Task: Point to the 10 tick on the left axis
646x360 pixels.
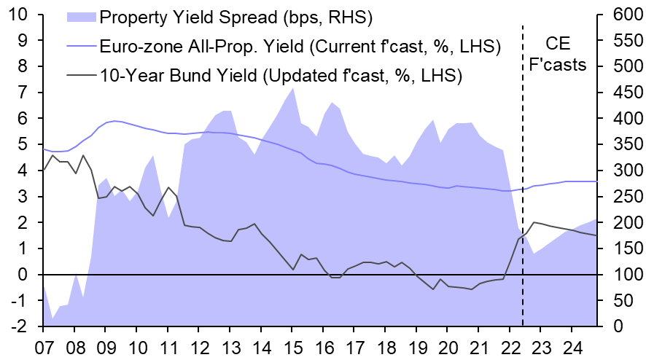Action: tap(17, 14)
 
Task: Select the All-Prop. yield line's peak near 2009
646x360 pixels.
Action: tap(116, 121)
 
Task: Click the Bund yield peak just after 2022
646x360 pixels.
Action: tap(534, 222)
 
